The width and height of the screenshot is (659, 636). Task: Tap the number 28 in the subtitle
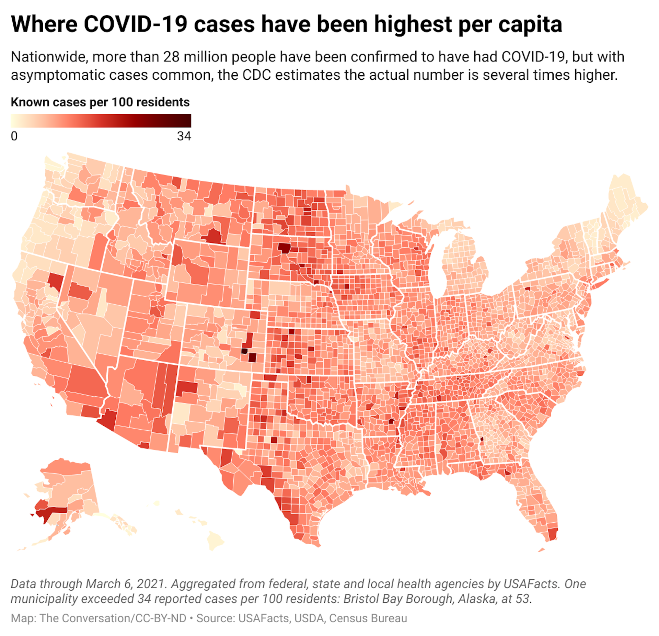click(x=171, y=57)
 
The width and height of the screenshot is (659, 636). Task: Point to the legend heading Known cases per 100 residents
click(x=100, y=102)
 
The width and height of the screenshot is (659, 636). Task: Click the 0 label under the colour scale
click(x=14, y=136)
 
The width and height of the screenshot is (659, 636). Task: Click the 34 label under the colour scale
click(x=184, y=136)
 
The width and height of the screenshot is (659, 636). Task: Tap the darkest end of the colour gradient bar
click(x=187, y=121)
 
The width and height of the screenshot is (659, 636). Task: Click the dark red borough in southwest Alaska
click(x=51, y=512)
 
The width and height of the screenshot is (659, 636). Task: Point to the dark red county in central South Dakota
click(x=284, y=248)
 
